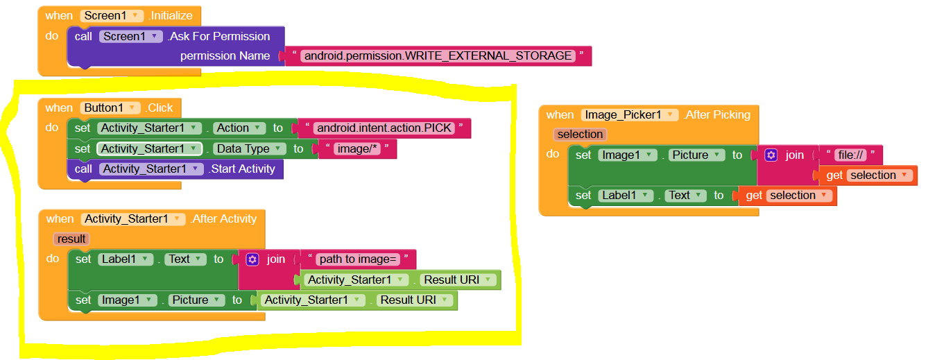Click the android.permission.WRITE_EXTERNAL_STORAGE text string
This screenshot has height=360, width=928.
point(438,55)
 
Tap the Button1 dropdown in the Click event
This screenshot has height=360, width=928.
point(112,108)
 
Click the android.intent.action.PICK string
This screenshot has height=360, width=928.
point(384,128)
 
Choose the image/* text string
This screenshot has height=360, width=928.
point(356,148)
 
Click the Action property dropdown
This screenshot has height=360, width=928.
point(239,128)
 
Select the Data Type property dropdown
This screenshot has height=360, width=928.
point(249,148)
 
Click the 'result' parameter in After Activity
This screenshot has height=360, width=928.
point(71,239)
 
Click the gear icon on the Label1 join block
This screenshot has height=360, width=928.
point(252,259)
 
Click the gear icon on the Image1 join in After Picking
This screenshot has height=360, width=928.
point(771,155)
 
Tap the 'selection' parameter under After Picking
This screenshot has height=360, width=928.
point(580,134)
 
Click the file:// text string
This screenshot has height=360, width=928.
point(850,155)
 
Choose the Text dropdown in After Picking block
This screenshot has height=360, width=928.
point(685,196)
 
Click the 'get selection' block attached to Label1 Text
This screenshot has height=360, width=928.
point(787,196)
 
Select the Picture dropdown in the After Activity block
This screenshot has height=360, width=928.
point(196,300)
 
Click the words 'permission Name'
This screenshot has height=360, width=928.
point(225,55)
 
